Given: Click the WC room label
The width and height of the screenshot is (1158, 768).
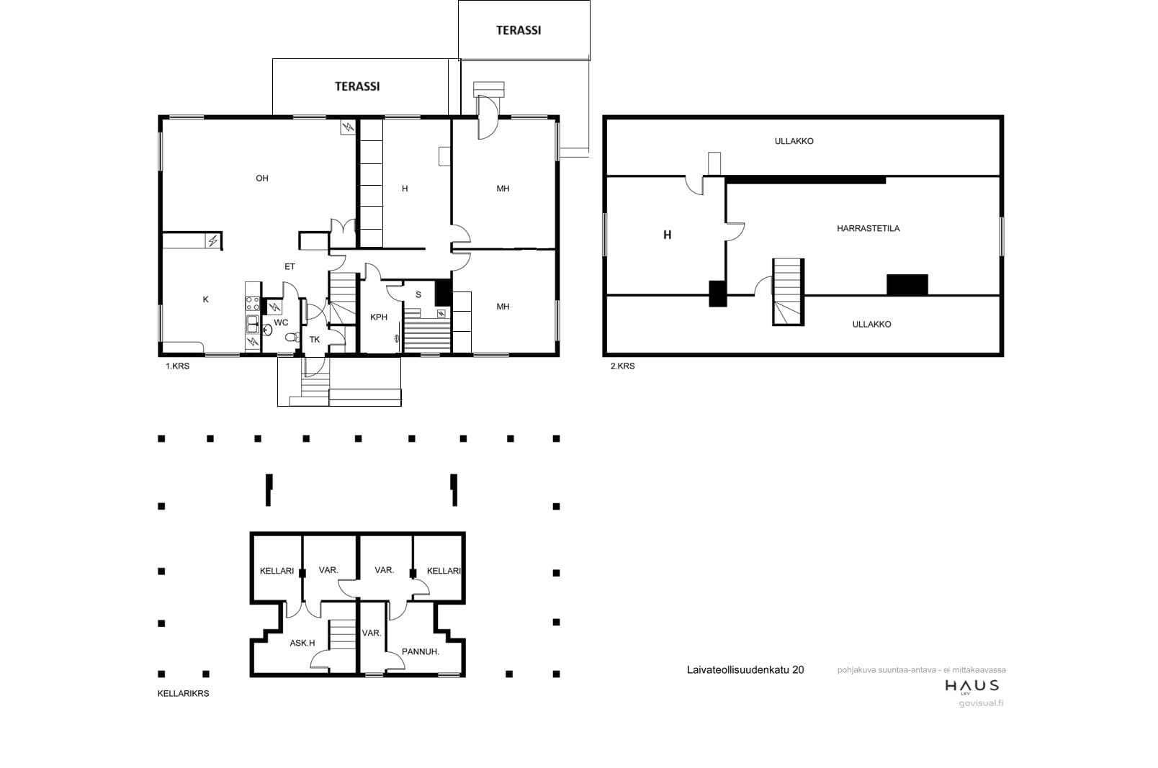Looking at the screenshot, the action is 281,322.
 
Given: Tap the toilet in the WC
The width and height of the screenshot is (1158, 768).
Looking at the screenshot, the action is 292,338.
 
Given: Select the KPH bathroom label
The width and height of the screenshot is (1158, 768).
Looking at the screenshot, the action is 378,317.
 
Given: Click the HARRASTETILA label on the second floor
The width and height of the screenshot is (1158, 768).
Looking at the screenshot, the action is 868,228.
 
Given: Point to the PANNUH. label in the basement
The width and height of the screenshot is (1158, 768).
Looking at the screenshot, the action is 421,651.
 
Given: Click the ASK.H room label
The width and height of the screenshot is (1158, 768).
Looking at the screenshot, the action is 302,643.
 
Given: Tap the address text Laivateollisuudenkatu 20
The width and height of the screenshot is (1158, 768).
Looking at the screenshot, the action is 745,670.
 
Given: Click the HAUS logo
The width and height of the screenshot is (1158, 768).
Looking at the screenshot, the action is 972,687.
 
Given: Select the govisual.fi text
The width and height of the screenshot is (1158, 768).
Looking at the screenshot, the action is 981,703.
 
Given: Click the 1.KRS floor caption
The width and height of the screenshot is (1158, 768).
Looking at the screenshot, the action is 177,366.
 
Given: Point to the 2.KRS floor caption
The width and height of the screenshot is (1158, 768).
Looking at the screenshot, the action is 622,366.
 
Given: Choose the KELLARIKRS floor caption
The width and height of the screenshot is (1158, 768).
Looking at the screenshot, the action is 183,694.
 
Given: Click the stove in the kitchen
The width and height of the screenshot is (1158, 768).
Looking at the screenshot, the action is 252,303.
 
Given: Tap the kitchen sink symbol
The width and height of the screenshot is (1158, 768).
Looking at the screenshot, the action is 253,324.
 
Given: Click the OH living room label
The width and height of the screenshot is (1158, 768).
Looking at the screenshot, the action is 262,179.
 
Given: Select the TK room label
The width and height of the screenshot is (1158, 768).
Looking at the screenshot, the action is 314,340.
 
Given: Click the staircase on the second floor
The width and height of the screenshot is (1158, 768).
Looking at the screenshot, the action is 788,292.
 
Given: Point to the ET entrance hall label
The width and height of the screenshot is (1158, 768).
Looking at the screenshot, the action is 289,267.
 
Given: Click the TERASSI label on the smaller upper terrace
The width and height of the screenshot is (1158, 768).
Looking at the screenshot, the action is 519,30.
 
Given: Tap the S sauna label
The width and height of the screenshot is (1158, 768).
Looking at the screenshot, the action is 418,294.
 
